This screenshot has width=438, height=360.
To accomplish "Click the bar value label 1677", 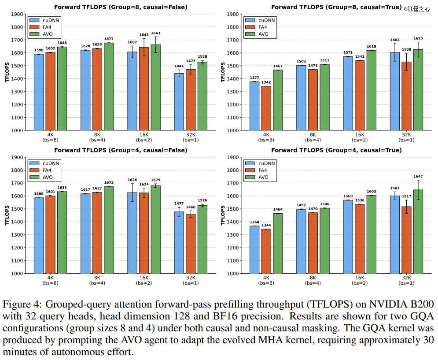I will point(109,39).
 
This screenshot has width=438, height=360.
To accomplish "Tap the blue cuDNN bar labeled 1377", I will point(254,106).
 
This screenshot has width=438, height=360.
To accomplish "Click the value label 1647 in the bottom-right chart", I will point(418,176).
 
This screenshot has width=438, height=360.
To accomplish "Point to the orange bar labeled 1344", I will point(266,251).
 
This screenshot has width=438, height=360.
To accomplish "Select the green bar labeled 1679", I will point(155,229).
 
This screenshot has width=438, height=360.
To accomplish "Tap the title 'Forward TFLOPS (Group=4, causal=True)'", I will point(336,150).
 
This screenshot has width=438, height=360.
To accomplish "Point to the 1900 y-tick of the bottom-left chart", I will point(18,157).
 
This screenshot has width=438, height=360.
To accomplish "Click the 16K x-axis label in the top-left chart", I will point(144,134).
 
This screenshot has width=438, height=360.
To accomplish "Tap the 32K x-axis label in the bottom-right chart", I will point(406,278).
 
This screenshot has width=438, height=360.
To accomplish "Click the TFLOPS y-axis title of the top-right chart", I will point(223,72).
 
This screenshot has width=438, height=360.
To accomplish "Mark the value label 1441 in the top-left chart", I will point(179,66).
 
